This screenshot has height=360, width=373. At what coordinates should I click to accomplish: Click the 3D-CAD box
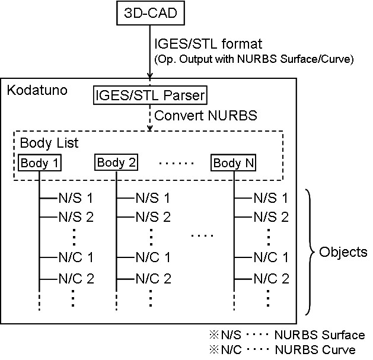point(150,13)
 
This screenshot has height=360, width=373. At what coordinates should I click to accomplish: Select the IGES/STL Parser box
point(151,94)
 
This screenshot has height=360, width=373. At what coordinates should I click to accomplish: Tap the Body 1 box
point(40,162)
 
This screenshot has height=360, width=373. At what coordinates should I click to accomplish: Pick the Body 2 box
point(116,162)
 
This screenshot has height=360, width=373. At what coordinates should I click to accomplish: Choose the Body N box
point(233,162)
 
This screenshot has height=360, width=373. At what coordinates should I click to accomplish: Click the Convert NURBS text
point(206,115)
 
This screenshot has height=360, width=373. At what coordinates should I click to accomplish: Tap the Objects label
point(343,252)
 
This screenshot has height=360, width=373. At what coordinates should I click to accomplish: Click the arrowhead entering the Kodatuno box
point(151,75)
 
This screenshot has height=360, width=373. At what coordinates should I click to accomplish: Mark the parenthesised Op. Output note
point(237,60)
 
